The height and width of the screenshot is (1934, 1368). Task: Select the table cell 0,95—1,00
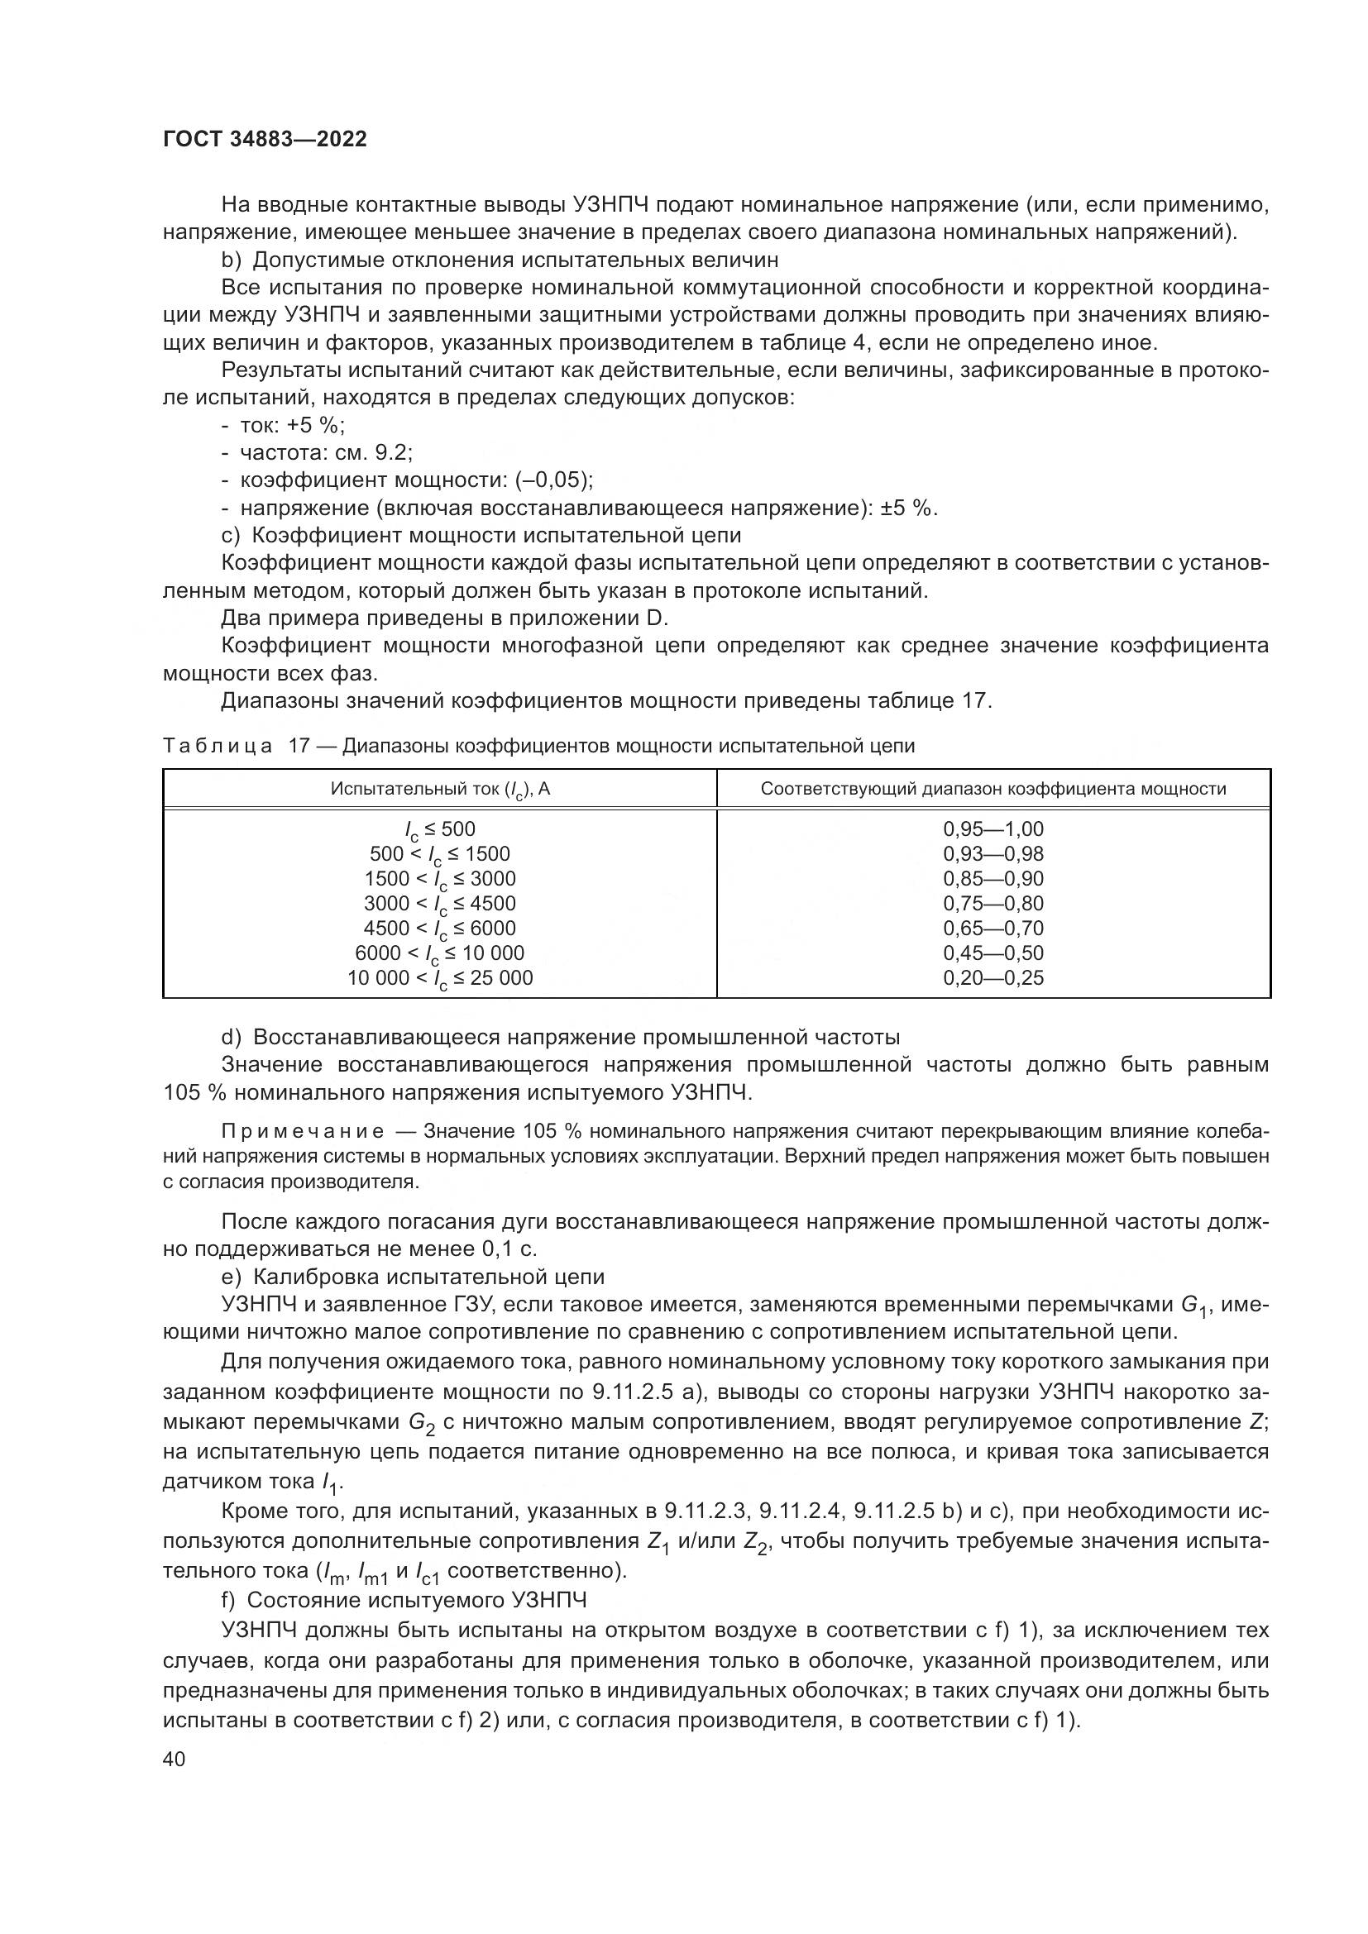tap(993, 829)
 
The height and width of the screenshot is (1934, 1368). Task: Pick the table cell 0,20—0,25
tap(993, 978)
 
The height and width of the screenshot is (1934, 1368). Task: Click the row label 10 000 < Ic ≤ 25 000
tap(440, 979)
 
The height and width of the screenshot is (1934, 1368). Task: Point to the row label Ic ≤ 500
tap(440, 829)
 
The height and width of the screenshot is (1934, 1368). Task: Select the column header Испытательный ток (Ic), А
tap(440, 790)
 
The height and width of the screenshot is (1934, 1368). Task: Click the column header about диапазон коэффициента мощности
tap(993, 790)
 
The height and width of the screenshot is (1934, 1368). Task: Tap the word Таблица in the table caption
tap(218, 747)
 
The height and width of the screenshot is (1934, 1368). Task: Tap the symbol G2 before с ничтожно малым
tap(421, 1423)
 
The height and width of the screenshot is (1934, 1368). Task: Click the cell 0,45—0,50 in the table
tap(993, 953)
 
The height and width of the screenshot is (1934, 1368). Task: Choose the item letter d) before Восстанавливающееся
tap(231, 1037)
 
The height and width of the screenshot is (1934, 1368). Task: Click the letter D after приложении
tap(656, 619)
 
